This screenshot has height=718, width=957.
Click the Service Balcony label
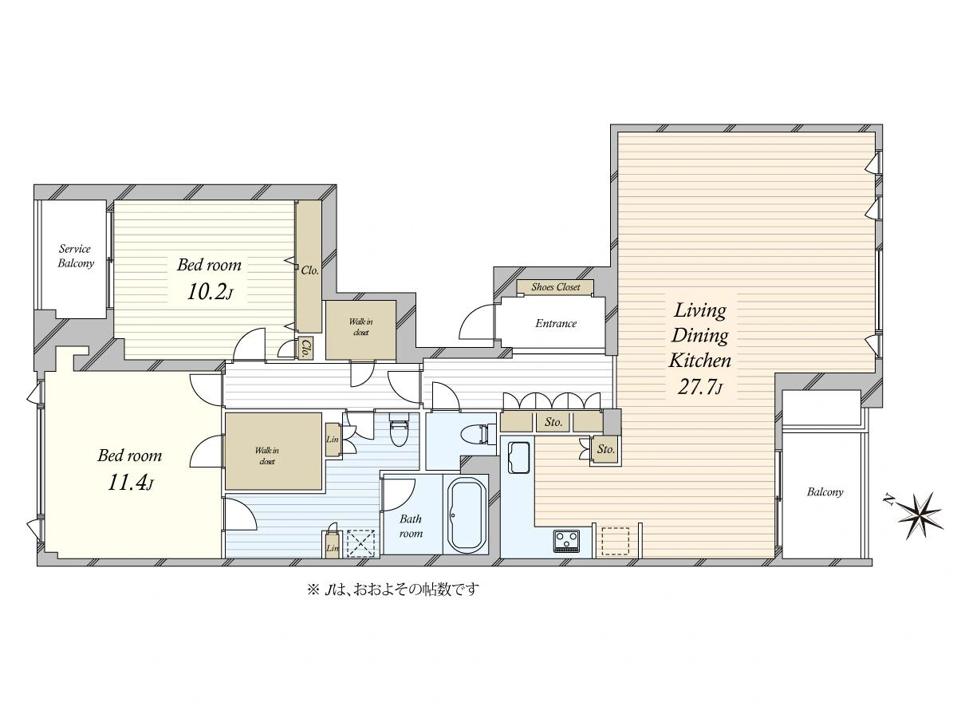click(76, 256)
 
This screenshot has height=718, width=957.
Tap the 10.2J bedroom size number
click(210, 292)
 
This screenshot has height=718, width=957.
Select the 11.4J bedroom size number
click(130, 483)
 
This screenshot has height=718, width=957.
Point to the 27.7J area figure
click(699, 386)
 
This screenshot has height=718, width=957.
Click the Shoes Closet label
click(555, 287)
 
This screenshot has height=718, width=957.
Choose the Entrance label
click(556, 323)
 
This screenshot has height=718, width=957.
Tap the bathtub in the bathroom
click(467, 515)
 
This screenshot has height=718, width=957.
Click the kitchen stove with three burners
click(567, 541)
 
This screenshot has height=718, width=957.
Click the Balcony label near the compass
click(825, 492)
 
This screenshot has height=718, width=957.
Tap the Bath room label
click(411, 526)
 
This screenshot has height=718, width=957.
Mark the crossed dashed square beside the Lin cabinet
click(360, 543)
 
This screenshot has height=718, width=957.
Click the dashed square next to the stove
click(616, 541)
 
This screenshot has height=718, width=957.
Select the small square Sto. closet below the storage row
click(606, 449)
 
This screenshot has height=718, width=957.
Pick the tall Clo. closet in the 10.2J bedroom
click(309, 266)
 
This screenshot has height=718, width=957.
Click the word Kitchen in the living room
click(700, 361)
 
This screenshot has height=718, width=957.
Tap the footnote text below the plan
click(393, 590)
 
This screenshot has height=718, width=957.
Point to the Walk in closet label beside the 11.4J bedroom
click(267, 456)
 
